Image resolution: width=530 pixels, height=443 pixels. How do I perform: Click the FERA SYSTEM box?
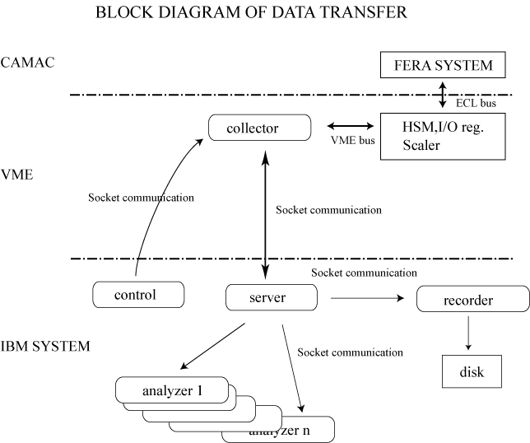click(x=443, y=65)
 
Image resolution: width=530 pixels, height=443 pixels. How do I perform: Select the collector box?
click(x=259, y=128)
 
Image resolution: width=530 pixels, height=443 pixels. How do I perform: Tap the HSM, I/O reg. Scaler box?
click(x=443, y=137)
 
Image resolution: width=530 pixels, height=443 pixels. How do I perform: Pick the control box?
click(x=138, y=295)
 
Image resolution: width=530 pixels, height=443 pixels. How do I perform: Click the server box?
click(x=272, y=297)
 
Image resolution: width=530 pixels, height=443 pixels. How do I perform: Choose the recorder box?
click(x=473, y=299)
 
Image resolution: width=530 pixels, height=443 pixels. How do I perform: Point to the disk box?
click(x=472, y=371)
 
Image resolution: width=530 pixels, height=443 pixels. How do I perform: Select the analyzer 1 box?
click(x=172, y=390)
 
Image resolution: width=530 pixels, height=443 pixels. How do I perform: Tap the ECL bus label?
click(x=476, y=103)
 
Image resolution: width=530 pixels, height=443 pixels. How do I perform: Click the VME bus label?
click(x=352, y=140)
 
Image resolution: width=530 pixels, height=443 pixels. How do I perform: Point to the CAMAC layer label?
click(x=27, y=63)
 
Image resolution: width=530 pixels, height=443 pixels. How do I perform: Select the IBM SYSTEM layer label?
click(x=45, y=347)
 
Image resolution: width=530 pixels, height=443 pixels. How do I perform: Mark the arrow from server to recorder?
click(x=367, y=298)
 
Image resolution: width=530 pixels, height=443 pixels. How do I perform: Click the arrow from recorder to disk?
click(x=468, y=333)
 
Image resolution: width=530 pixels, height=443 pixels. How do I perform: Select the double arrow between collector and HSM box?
click(x=351, y=126)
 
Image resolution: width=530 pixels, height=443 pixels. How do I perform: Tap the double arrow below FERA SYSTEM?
click(x=443, y=95)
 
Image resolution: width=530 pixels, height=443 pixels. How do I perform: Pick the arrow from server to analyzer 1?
click(x=212, y=346)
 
